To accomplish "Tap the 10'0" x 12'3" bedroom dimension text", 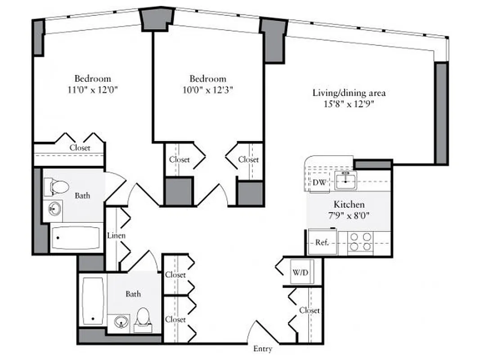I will click(x=207, y=90).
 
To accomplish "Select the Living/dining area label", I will click(x=349, y=93).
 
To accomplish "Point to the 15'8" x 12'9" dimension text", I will click(x=349, y=104).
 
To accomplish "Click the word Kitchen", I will click(x=349, y=204).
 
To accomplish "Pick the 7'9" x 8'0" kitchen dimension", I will click(x=349, y=215).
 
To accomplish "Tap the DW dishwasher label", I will click(x=319, y=183).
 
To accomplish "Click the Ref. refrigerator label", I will click(x=322, y=242).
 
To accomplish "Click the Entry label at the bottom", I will click(x=262, y=349).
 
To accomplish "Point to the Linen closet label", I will click(x=116, y=235).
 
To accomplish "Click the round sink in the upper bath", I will click(x=56, y=209).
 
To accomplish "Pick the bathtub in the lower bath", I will click(x=94, y=300).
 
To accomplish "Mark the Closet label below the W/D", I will click(x=310, y=310).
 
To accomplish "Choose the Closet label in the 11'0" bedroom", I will click(x=80, y=148).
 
